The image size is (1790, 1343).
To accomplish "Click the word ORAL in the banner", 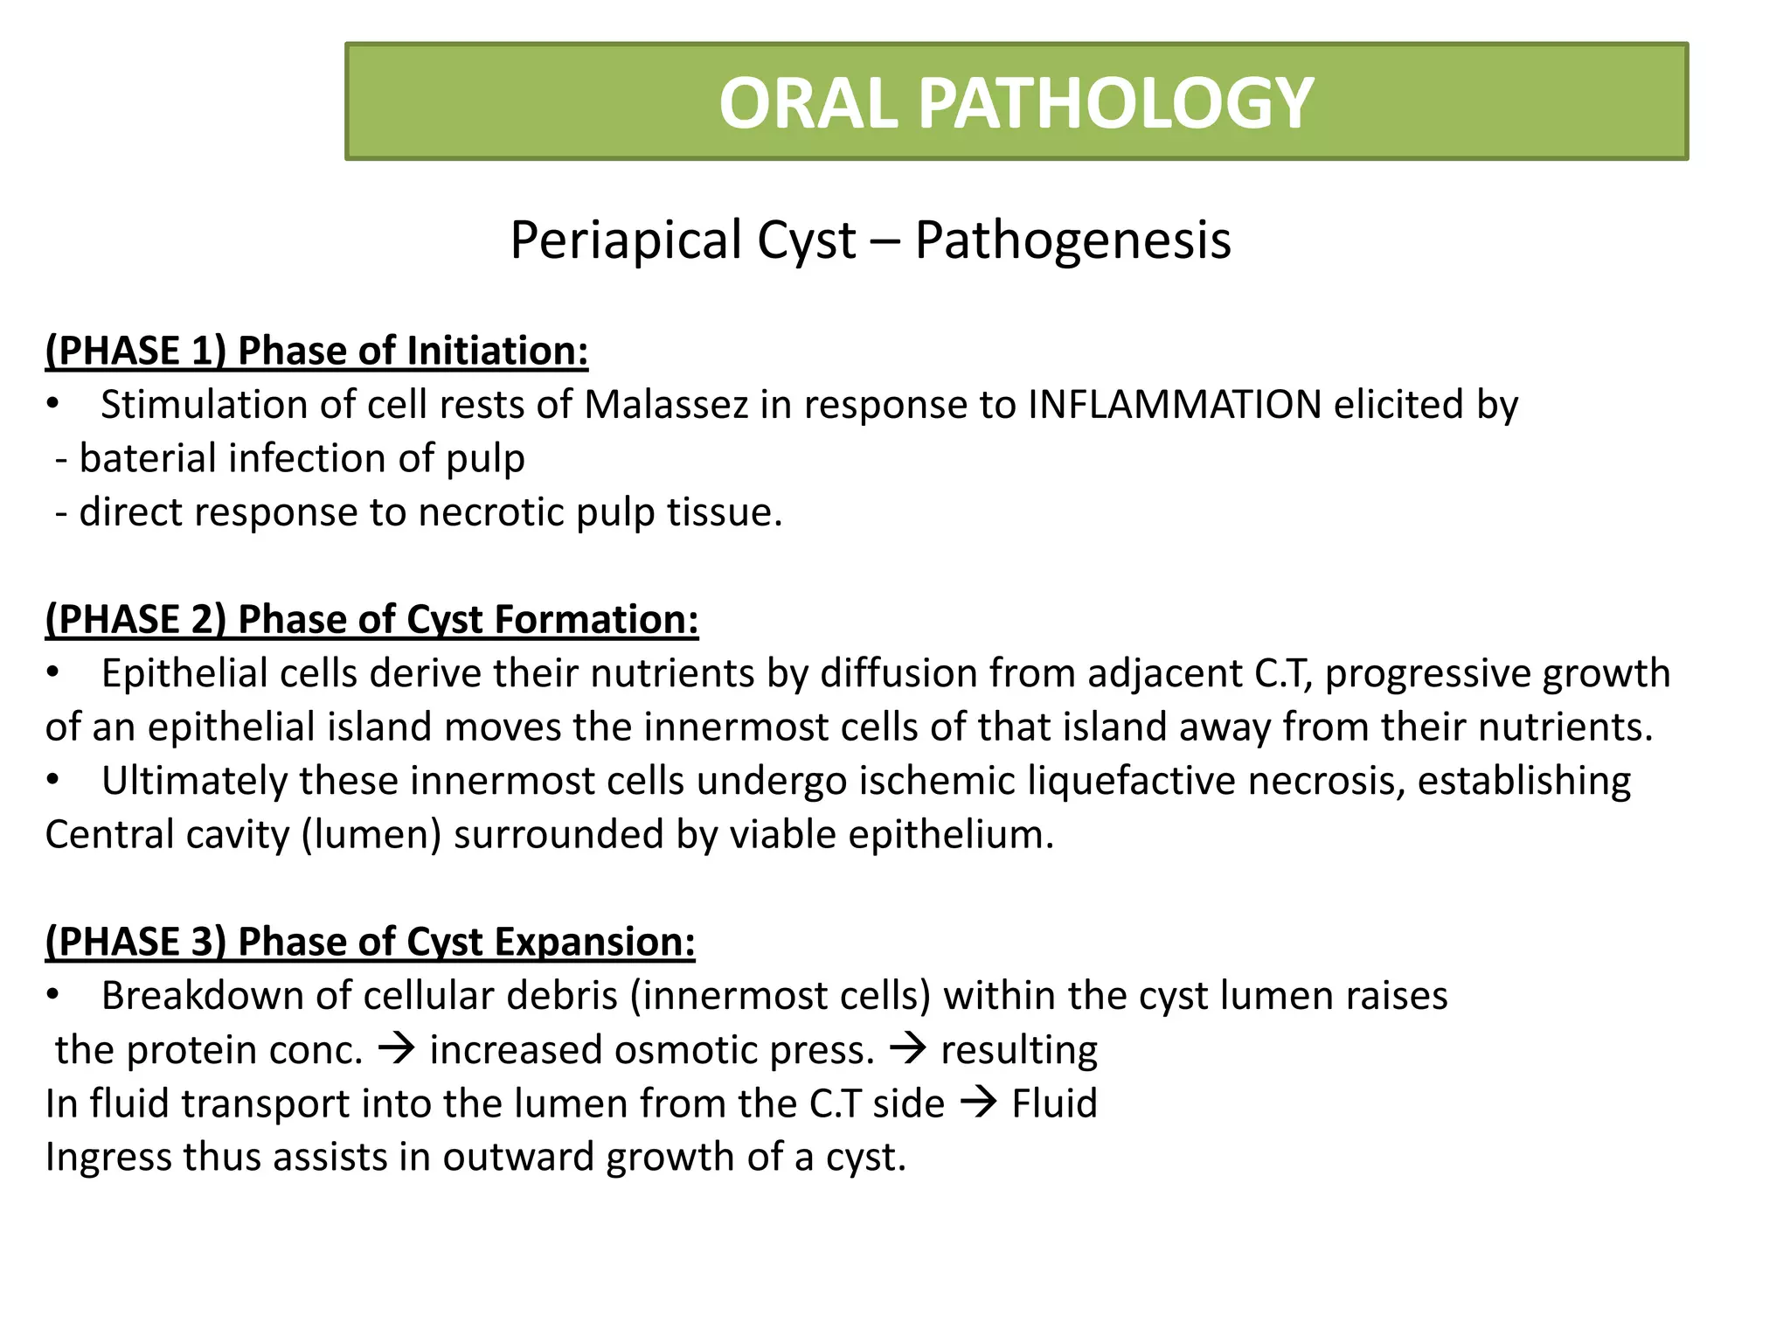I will point(808,103).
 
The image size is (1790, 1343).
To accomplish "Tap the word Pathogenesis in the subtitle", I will point(1072,240).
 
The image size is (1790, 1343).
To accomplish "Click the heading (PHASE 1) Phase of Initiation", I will point(316,351).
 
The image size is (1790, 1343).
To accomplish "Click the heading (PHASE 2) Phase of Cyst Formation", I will point(371,620).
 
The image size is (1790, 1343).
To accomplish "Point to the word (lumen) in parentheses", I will point(371,835).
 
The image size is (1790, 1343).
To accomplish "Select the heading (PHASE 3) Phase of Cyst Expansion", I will point(370,943).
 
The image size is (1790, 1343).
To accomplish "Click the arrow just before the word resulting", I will point(907,1049).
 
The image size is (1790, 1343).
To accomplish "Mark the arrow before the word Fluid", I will point(978,1103).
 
